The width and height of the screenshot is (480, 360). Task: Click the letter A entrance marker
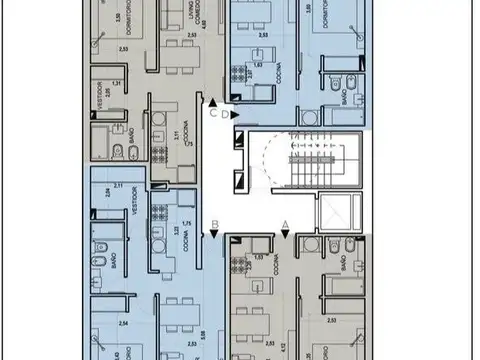tap(285, 224)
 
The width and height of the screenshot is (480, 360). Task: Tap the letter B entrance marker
tap(214, 224)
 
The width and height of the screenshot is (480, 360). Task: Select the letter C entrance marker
tap(214, 113)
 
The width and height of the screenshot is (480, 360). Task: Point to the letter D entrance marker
tap(227, 115)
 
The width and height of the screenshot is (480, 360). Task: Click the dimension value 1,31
tap(116, 84)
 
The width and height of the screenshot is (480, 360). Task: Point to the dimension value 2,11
tap(118, 186)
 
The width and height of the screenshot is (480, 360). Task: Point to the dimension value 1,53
tap(260, 258)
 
